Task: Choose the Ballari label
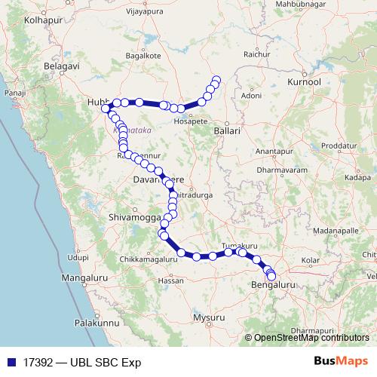click(x=226, y=130)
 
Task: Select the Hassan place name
click(x=170, y=280)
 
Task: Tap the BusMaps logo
click(x=341, y=361)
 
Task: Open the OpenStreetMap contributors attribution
click(x=311, y=338)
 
